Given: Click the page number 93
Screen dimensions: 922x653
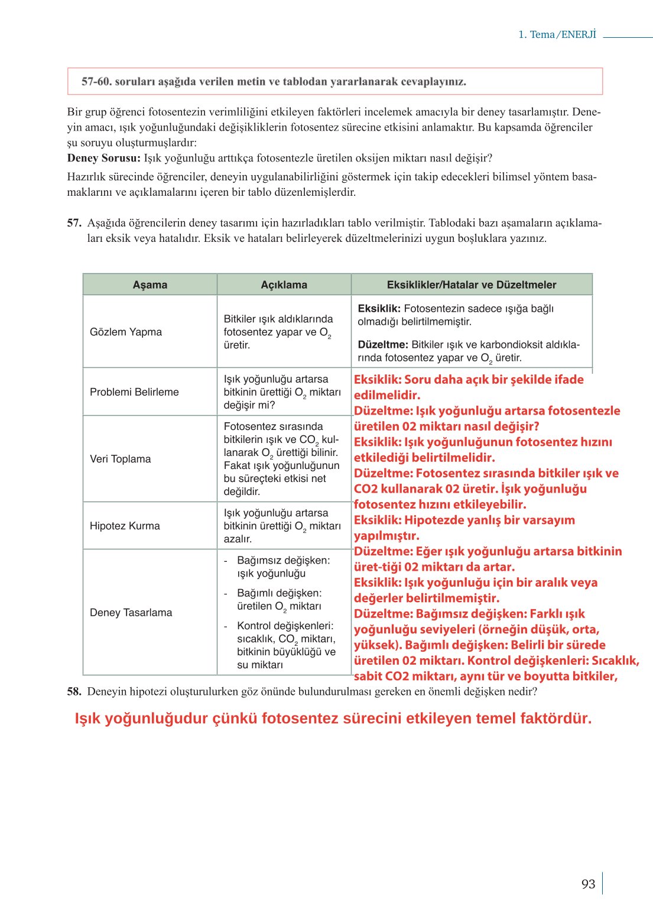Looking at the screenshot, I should coord(588,884).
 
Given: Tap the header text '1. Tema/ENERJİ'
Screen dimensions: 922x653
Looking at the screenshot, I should coord(557,34).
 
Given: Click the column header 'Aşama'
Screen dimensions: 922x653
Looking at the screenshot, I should coord(150,284).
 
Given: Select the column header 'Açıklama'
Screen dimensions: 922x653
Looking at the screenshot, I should coord(284,284).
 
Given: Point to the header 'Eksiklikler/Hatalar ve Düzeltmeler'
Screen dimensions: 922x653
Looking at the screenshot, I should coord(471,284).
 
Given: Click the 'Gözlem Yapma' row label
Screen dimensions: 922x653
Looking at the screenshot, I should coord(125,332).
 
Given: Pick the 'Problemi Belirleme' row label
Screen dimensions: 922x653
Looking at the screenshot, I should coord(134,392).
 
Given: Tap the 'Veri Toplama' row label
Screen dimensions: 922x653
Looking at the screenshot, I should coord(120,459).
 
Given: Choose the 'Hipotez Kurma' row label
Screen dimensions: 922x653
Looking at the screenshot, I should coord(125,526).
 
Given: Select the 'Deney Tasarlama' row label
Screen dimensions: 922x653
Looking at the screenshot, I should coord(131,612).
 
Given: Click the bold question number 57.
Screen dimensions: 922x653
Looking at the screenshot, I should coord(74,223).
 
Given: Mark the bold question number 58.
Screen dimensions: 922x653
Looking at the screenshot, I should coord(74,691).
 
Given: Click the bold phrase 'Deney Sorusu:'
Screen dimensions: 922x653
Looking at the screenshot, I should coord(103,158).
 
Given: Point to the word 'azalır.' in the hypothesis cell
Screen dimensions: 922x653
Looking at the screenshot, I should coord(238,539).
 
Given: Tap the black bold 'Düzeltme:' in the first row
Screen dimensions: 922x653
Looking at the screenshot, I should coord(382,344).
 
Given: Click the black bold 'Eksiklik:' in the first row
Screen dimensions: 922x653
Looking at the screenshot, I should coord(379,308).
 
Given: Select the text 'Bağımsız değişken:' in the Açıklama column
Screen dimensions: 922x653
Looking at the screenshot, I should coord(283,560).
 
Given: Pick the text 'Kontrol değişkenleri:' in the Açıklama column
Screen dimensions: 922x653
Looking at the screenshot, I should coord(285,626).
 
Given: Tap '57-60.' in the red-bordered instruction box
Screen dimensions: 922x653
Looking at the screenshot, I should coord(96,82).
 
